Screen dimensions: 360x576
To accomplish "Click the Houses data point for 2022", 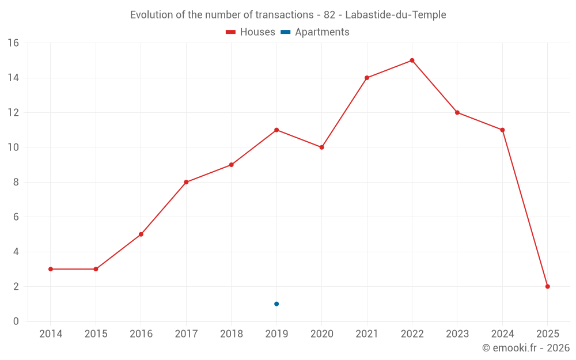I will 412,60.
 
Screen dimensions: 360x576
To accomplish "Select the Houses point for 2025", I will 547,286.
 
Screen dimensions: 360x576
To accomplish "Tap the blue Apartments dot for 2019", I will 276,304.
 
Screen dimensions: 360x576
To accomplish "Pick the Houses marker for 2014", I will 51,269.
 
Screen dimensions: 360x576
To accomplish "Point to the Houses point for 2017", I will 186,182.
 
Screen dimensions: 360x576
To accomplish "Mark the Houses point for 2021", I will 367,78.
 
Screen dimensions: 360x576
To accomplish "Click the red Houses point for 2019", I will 276,130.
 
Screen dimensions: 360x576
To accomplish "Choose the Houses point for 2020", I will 321,147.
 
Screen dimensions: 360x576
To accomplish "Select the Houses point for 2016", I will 141,234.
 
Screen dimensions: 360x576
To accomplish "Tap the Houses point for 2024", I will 502,130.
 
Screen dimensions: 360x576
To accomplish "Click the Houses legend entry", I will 251,32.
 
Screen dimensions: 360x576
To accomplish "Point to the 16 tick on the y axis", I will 13,43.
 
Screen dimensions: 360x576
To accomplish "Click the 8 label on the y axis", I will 16,182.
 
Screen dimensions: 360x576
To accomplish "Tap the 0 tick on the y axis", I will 16,321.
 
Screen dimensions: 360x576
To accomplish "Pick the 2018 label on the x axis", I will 231,334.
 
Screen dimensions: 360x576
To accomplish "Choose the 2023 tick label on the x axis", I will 457,334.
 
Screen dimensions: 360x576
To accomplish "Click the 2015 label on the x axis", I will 96,334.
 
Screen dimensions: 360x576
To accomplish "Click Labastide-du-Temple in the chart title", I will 395,15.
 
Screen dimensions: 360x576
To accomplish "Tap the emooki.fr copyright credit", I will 526,348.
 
